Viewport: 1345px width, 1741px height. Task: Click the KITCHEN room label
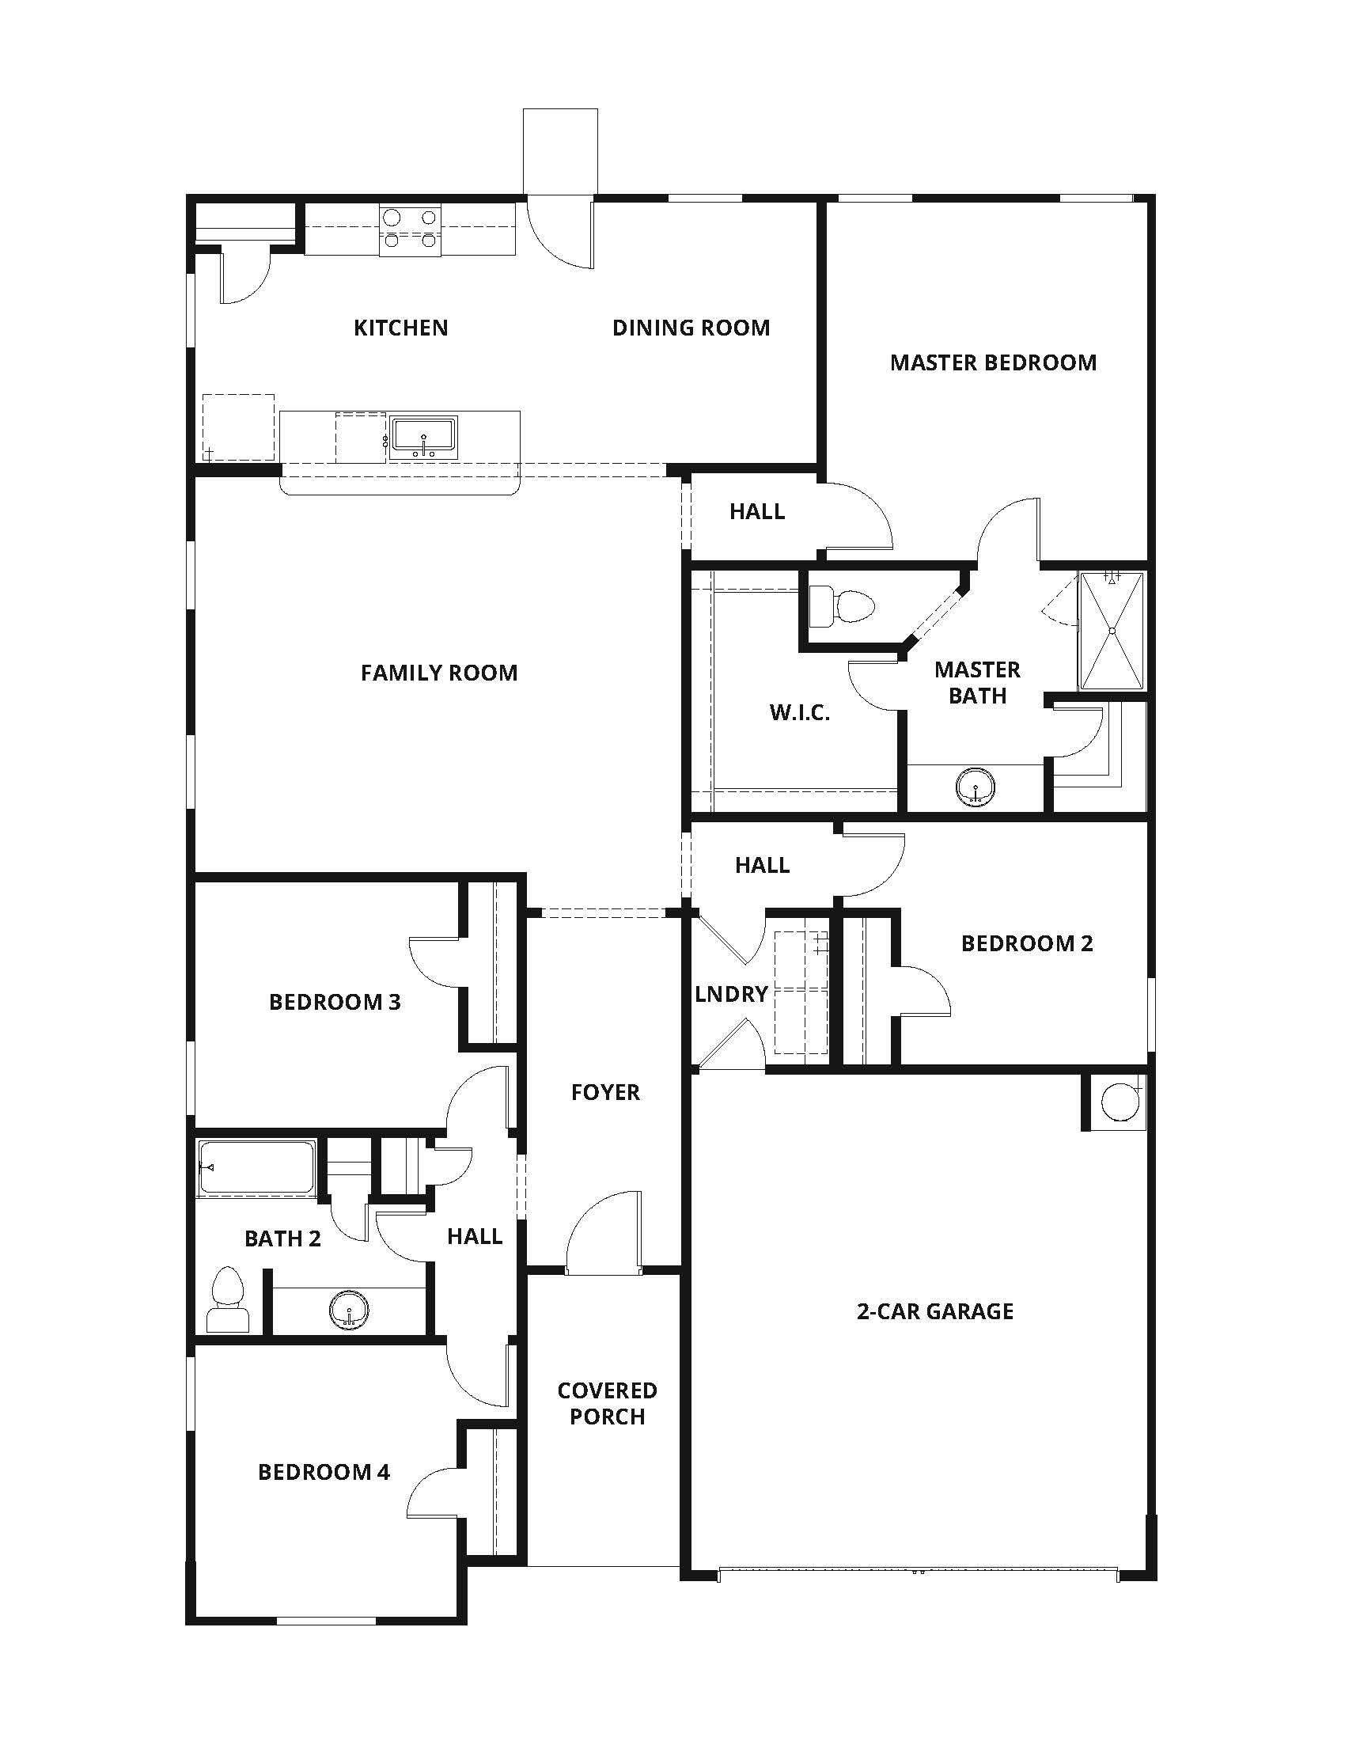click(x=401, y=328)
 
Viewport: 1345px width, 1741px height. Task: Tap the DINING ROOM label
click(x=691, y=328)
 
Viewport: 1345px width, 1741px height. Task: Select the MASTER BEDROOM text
click(x=993, y=362)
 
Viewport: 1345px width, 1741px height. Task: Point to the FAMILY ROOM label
click(x=439, y=673)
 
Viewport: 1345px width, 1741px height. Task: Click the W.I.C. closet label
click(x=799, y=713)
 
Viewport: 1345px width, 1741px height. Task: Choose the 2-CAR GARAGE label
click(x=934, y=1311)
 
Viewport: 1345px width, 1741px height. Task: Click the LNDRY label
click(x=731, y=994)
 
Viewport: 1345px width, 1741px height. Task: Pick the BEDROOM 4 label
click(x=324, y=1472)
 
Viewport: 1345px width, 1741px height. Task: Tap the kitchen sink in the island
click(x=423, y=438)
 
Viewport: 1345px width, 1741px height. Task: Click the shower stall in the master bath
click(x=1112, y=631)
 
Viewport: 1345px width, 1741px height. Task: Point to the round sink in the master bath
click(x=976, y=786)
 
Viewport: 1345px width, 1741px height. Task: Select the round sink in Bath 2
click(x=349, y=1309)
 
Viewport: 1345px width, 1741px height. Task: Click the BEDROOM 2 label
click(x=1026, y=943)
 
